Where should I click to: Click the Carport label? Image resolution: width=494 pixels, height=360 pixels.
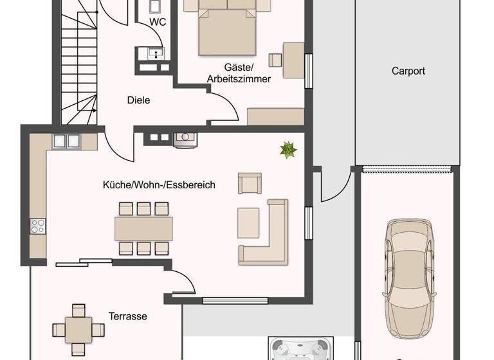pyautogui.click(x=408, y=71)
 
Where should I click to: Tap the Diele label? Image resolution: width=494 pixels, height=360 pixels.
pyautogui.click(x=138, y=100)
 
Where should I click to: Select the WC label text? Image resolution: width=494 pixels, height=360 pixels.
pyautogui.click(x=158, y=22)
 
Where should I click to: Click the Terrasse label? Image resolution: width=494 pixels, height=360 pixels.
pyautogui.click(x=127, y=316)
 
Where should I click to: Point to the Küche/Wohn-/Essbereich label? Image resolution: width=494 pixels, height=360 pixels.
pyautogui.click(x=159, y=185)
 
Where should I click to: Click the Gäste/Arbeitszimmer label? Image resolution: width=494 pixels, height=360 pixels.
pyautogui.click(x=239, y=73)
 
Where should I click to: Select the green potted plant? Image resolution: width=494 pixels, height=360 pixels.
pyautogui.click(x=288, y=150)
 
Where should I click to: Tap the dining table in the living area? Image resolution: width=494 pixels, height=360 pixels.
pyautogui.click(x=143, y=228)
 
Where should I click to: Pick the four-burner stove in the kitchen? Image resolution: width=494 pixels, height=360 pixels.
pyautogui.click(x=38, y=226)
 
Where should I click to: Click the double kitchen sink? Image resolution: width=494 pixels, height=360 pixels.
pyautogui.click(x=66, y=141)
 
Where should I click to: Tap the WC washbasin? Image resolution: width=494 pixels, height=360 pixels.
pyautogui.click(x=155, y=53)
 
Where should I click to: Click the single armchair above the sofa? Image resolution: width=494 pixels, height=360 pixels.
pyautogui.click(x=250, y=183)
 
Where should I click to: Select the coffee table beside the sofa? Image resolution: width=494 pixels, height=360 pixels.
pyautogui.click(x=248, y=222)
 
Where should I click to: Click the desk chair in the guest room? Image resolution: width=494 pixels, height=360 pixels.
pyautogui.click(x=276, y=60)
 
